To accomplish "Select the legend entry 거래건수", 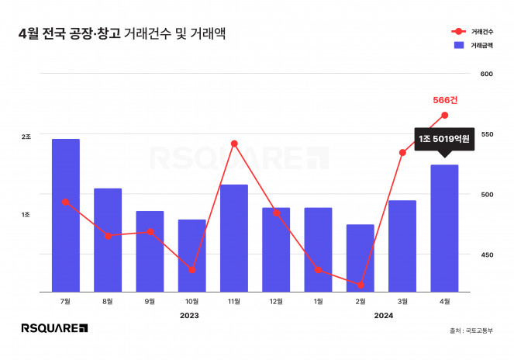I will pos(475,32).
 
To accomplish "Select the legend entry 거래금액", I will pos(475,46).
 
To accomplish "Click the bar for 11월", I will pos(234,238).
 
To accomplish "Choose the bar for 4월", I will pos(444,228).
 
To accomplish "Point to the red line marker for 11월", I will pos(234,144).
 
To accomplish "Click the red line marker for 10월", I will pos(192,270).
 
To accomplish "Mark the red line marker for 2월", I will pos(360,285).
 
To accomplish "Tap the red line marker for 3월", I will pos(402,152).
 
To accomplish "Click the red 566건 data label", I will pos(445,100).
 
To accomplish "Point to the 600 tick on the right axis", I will pos(487,74).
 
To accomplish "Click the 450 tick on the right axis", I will pos(487,254).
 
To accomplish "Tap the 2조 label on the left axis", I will pos(26,137).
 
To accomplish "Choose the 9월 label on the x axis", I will pos(150,301).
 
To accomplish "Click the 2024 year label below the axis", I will pos(383,316).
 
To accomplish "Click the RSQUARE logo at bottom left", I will pos(53,329).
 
